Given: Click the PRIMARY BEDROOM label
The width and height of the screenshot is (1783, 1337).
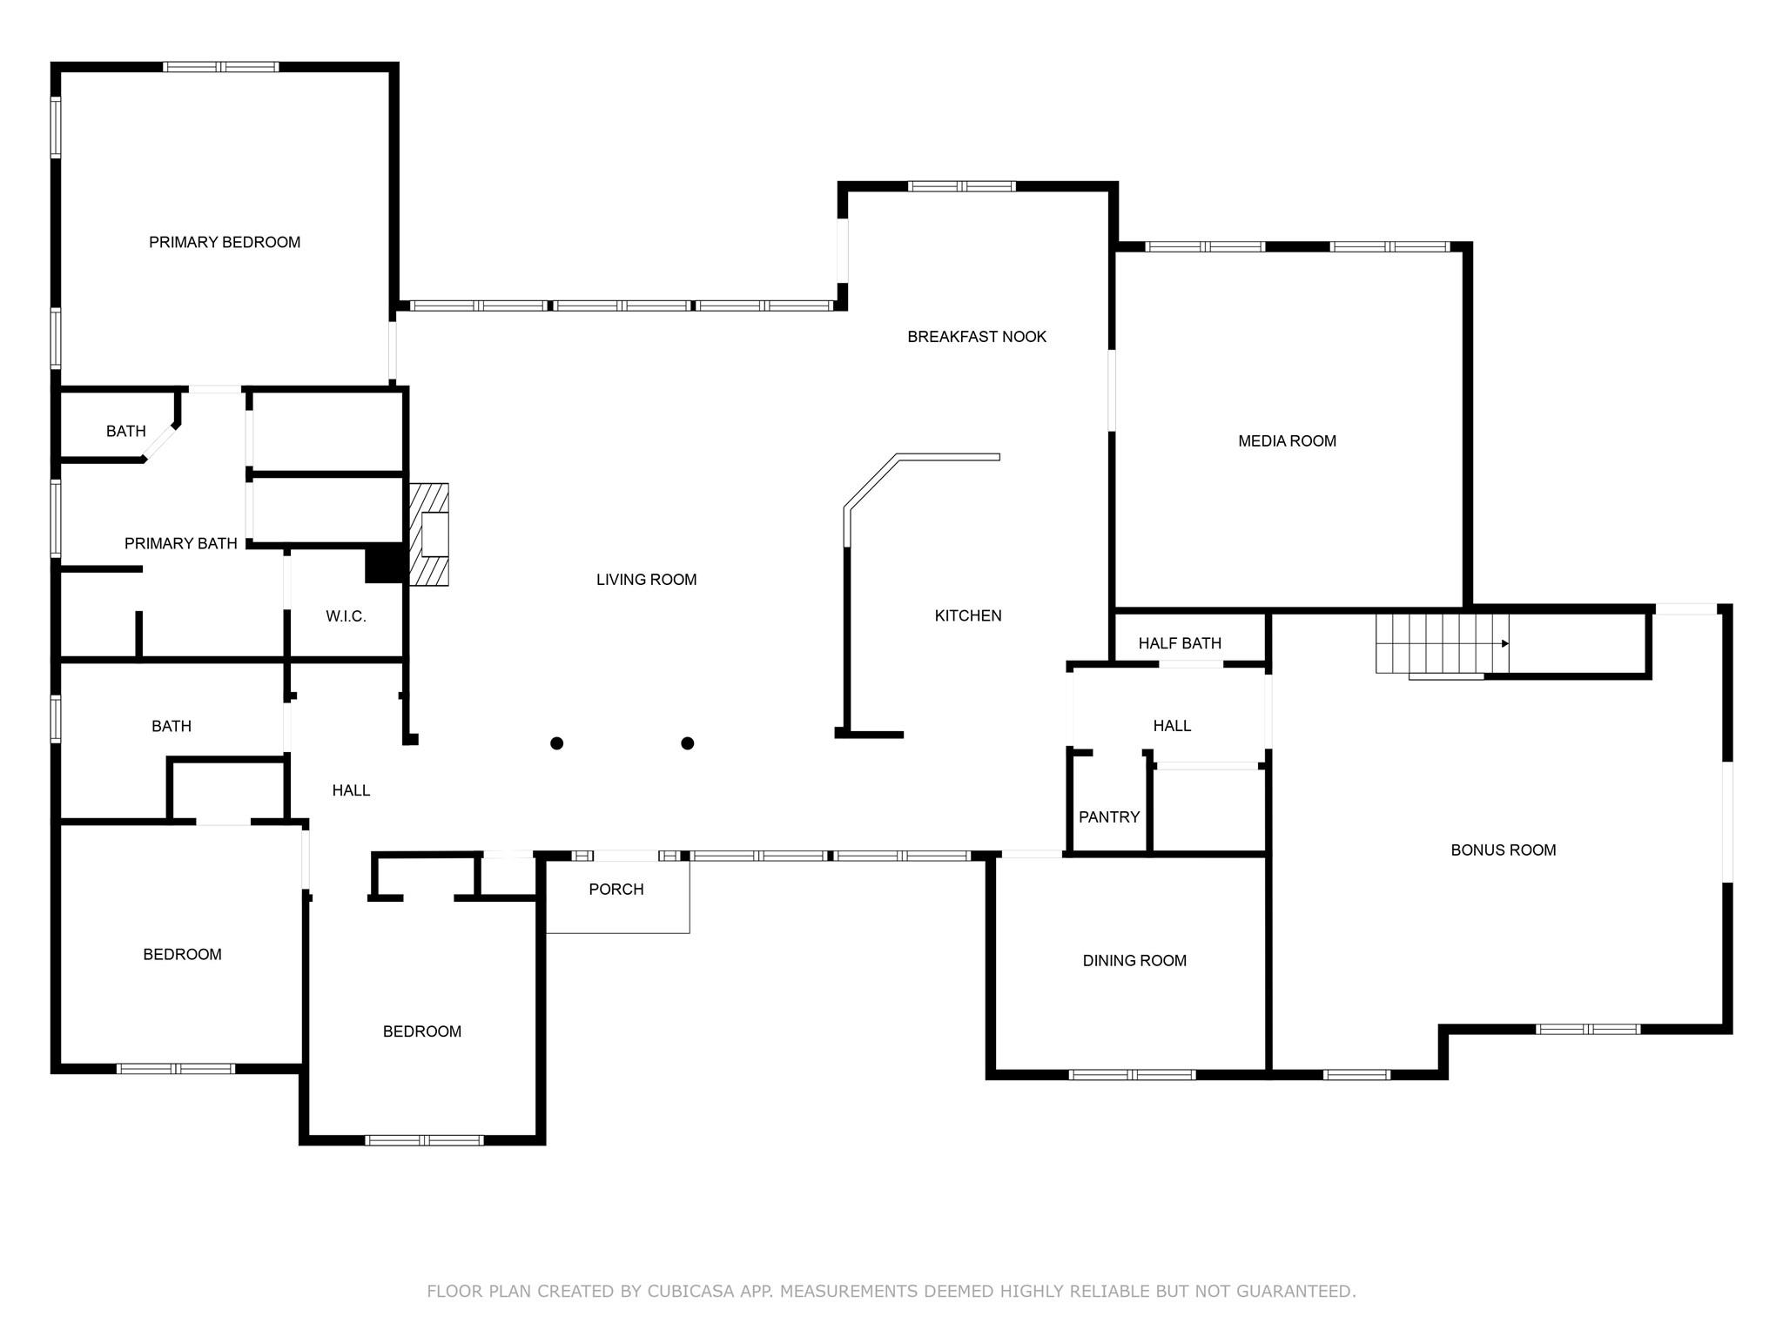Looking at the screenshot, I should pos(225,242).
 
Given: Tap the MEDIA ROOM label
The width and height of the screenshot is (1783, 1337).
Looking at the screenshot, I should pos(1287,441).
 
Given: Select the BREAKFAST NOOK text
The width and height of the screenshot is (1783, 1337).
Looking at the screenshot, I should pos(976,337).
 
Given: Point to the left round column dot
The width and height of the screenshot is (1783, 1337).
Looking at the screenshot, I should pos(557,742).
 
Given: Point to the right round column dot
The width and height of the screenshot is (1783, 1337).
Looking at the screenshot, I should pos(687,742).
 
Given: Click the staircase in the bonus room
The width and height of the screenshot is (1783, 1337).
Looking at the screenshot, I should pos(1442,643).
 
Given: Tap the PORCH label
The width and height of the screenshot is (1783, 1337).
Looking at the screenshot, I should pos(616,890).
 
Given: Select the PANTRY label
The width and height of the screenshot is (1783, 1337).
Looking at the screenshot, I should pos(1108,817).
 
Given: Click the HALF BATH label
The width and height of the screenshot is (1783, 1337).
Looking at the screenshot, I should pos(1180,643).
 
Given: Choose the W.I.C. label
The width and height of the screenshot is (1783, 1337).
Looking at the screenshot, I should pos(346,616).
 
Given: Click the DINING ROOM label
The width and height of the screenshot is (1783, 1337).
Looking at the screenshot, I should pos(1134,961).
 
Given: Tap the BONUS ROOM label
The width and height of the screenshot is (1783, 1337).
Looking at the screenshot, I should pos(1503,850).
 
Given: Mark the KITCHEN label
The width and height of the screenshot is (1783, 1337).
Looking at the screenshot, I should pos(967,616).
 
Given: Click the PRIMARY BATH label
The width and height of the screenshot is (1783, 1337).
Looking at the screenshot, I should pos(180,544).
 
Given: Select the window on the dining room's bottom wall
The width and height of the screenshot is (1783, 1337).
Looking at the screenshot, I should pos(1132,1075).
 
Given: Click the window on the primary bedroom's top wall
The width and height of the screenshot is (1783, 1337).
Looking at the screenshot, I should pos(221,67).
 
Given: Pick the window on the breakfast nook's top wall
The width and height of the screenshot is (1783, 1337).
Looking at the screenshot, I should pos(961,186).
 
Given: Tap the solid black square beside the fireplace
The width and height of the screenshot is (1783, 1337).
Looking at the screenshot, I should pos(383,563).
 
